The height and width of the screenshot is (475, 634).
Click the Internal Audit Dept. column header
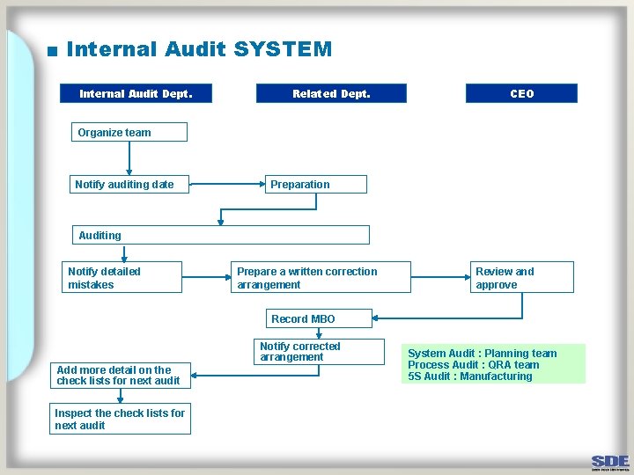136,93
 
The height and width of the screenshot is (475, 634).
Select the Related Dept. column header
331,93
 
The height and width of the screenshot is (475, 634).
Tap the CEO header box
521,93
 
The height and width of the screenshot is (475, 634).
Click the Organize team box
129,133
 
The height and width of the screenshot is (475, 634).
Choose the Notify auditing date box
129,185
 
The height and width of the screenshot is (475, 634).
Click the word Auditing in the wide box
100,235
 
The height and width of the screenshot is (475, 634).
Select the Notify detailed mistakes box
123,278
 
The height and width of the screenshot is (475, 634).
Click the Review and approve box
522,278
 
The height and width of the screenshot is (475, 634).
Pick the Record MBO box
318,318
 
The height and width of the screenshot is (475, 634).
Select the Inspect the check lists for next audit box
121,419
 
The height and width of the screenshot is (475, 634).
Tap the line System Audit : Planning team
483,354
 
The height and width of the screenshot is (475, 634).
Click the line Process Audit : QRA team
474,365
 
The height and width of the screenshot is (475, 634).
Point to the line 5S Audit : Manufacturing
470,376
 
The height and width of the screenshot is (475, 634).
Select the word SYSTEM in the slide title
283,49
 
